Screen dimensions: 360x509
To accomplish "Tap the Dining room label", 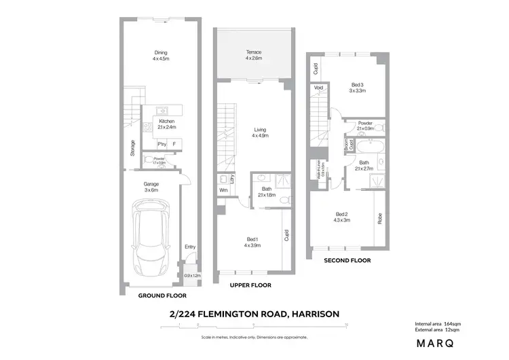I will (160, 53).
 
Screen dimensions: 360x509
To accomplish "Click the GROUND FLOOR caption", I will (162, 296).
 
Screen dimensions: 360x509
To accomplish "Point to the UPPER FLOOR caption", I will (250, 285).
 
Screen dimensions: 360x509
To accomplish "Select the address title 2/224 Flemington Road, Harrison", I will (254, 314).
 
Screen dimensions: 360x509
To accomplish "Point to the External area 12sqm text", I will (441, 329).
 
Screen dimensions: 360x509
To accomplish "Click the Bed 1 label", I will (252, 238).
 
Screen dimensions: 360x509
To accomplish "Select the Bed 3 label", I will (358, 85).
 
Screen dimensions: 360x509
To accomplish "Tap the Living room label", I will (260, 129).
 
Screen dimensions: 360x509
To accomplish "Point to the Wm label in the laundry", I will (223, 190).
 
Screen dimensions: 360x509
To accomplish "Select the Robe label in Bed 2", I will (379, 219).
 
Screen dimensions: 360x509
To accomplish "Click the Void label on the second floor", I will (318, 88).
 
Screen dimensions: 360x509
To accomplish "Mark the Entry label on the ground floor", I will (189, 246).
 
